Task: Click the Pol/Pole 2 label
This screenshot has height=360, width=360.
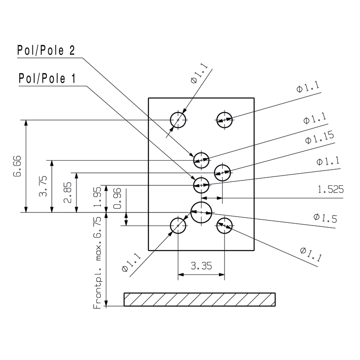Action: pyautogui.click(x=46, y=50)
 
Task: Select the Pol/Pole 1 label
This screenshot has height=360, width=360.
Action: pyautogui.click(x=46, y=79)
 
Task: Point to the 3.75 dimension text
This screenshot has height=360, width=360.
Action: pyautogui.click(x=44, y=186)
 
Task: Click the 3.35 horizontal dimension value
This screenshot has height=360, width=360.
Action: pyautogui.click(x=201, y=266)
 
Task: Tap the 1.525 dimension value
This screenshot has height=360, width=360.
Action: pyautogui.click(x=331, y=190)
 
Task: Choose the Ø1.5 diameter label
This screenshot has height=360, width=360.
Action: pyautogui.click(x=325, y=218)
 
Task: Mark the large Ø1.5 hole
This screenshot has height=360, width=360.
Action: pyautogui.click(x=201, y=212)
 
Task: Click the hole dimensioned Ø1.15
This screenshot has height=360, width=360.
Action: pyautogui.click(x=222, y=171)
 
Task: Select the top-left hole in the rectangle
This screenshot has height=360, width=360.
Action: pyautogui.click(x=178, y=120)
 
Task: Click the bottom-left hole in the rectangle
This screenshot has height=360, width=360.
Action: pyautogui.click(x=178, y=225)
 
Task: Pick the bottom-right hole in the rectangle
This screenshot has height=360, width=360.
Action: pyautogui.click(x=224, y=225)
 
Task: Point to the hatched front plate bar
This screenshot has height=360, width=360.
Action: pyautogui.click(x=200, y=299)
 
